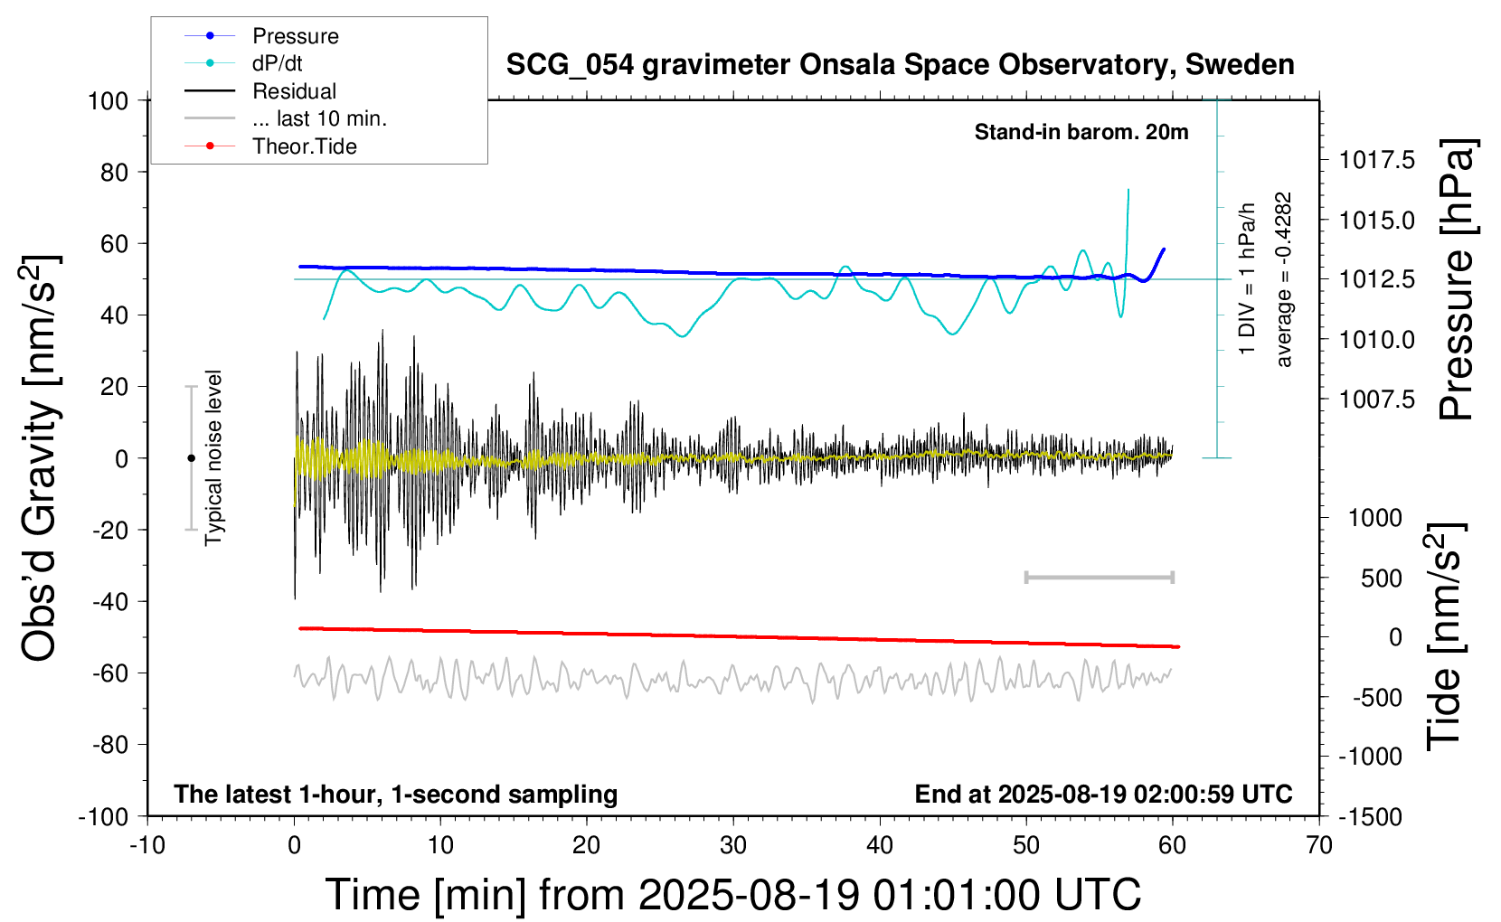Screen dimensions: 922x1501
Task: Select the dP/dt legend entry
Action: pos(277,63)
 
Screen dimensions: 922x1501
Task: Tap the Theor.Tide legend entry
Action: pos(304,146)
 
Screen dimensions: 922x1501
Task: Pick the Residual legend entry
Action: pos(294,91)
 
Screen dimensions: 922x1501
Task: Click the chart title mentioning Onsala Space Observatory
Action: pos(900,65)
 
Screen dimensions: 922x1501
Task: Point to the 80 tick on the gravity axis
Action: pos(114,172)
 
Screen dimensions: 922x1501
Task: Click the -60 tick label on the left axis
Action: pos(110,673)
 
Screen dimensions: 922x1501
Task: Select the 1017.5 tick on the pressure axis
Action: pos(1376,160)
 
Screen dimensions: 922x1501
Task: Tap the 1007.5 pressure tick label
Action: pos(1376,400)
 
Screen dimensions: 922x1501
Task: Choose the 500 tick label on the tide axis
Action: pos(1381,579)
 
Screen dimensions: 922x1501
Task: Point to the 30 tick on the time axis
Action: pos(733,846)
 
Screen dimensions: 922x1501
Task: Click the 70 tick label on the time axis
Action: pos(1319,846)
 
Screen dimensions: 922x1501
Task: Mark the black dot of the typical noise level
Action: pos(191,458)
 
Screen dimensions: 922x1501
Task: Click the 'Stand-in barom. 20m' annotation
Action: pos(1081,133)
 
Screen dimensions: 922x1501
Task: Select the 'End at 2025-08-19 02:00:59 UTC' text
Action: pos(1103,795)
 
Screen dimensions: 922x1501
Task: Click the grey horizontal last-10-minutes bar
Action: pos(1099,577)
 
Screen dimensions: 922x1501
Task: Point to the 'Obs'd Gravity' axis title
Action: pos(40,458)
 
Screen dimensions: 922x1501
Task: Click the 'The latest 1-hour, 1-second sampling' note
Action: pos(396,795)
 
